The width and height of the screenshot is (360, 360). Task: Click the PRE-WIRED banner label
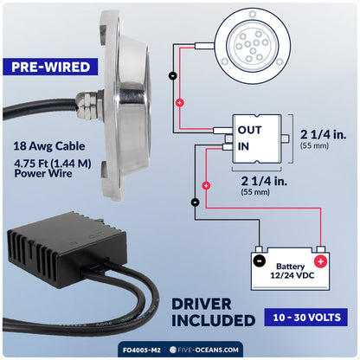50,67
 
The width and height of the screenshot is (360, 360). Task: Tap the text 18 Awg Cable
49,146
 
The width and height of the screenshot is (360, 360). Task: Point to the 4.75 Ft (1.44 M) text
53,164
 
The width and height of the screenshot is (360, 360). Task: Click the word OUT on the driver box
249,130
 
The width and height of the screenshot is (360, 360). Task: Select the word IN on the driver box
243,146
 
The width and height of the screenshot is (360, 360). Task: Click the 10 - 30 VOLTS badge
306,318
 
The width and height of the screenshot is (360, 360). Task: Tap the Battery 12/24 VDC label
292,271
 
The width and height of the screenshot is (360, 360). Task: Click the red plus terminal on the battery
320,262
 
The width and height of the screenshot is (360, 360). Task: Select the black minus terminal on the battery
259,261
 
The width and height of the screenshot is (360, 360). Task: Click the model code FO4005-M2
142,350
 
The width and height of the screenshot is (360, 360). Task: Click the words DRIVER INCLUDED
213,312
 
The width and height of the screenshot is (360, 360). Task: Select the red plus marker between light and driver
180,103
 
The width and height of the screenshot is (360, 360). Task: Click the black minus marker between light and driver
173,75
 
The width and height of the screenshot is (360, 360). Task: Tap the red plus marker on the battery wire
206,185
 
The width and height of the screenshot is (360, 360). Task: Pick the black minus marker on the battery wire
196,202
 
